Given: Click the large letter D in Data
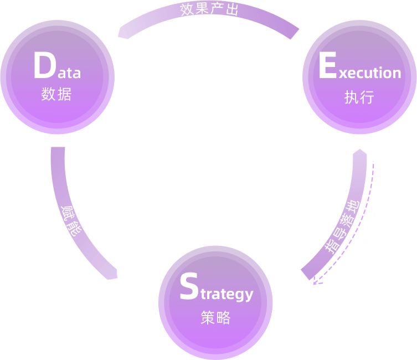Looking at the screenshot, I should (43, 66).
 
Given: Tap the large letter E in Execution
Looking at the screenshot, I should (328, 66).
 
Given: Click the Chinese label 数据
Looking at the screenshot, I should (56, 94).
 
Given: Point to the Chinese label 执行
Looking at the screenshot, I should (359, 97).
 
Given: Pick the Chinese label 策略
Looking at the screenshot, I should (215, 318).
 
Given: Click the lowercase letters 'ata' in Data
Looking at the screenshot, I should (67, 72).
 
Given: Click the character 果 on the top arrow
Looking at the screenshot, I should (201, 9).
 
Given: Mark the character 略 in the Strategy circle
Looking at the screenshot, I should (223, 318).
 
